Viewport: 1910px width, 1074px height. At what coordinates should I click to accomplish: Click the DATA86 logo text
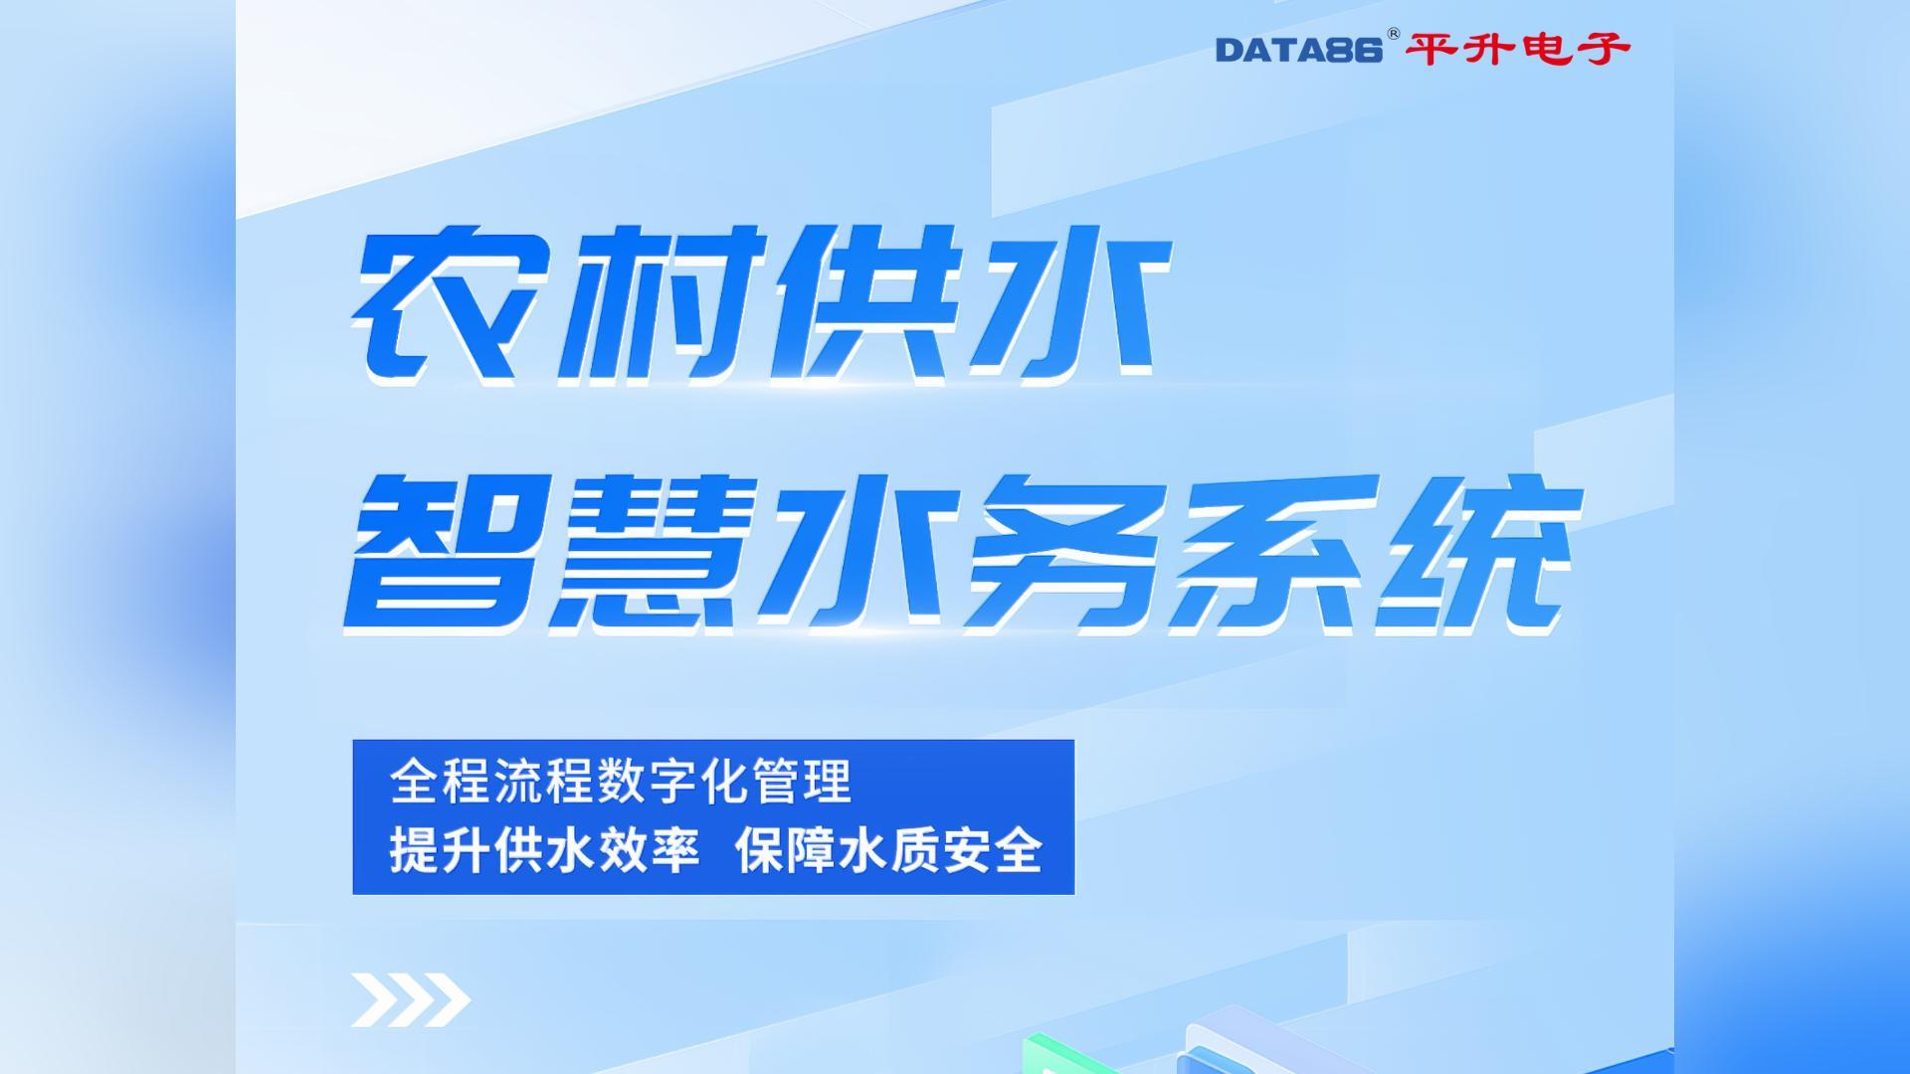click(1298, 50)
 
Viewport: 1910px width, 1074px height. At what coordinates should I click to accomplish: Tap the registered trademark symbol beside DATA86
click(1393, 34)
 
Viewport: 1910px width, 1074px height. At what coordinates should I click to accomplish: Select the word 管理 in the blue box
click(802, 782)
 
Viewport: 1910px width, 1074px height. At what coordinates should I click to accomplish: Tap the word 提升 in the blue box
click(439, 850)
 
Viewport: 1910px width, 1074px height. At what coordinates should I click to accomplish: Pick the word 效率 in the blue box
click(649, 850)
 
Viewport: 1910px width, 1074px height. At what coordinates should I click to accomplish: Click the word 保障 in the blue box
click(786, 850)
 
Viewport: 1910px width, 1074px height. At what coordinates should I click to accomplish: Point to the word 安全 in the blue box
click(993, 850)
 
